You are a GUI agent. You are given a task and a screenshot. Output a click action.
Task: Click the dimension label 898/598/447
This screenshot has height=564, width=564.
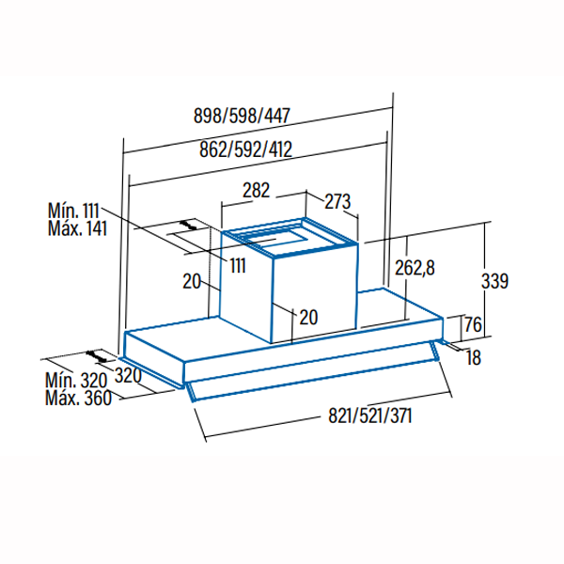pyautogui.click(x=242, y=116)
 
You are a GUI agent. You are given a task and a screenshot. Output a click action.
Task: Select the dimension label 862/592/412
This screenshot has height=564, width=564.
pyautogui.click(x=245, y=149)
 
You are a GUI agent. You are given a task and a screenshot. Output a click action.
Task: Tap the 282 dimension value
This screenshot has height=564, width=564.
pyautogui.click(x=256, y=190)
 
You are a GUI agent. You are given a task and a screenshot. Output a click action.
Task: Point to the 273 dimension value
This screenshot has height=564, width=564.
pyautogui.click(x=337, y=201)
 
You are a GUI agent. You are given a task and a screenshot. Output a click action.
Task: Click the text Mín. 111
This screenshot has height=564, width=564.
pyautogui.click(x=73, y=211)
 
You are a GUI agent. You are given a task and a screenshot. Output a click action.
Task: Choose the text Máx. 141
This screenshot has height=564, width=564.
pyautogui.click(x=77, y=228)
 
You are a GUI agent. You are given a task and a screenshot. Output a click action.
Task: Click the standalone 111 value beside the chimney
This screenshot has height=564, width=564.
pyautogui.click(x=238, y=266)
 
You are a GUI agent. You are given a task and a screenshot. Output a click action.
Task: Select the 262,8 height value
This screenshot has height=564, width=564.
pyautogui.click(x=415, y=268)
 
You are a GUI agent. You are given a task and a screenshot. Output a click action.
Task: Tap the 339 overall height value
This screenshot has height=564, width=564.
pyautogui.click(x=495, y=281)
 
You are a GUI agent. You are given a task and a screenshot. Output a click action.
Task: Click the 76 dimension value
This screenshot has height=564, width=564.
pyautogui.click(x=473, y=324)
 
